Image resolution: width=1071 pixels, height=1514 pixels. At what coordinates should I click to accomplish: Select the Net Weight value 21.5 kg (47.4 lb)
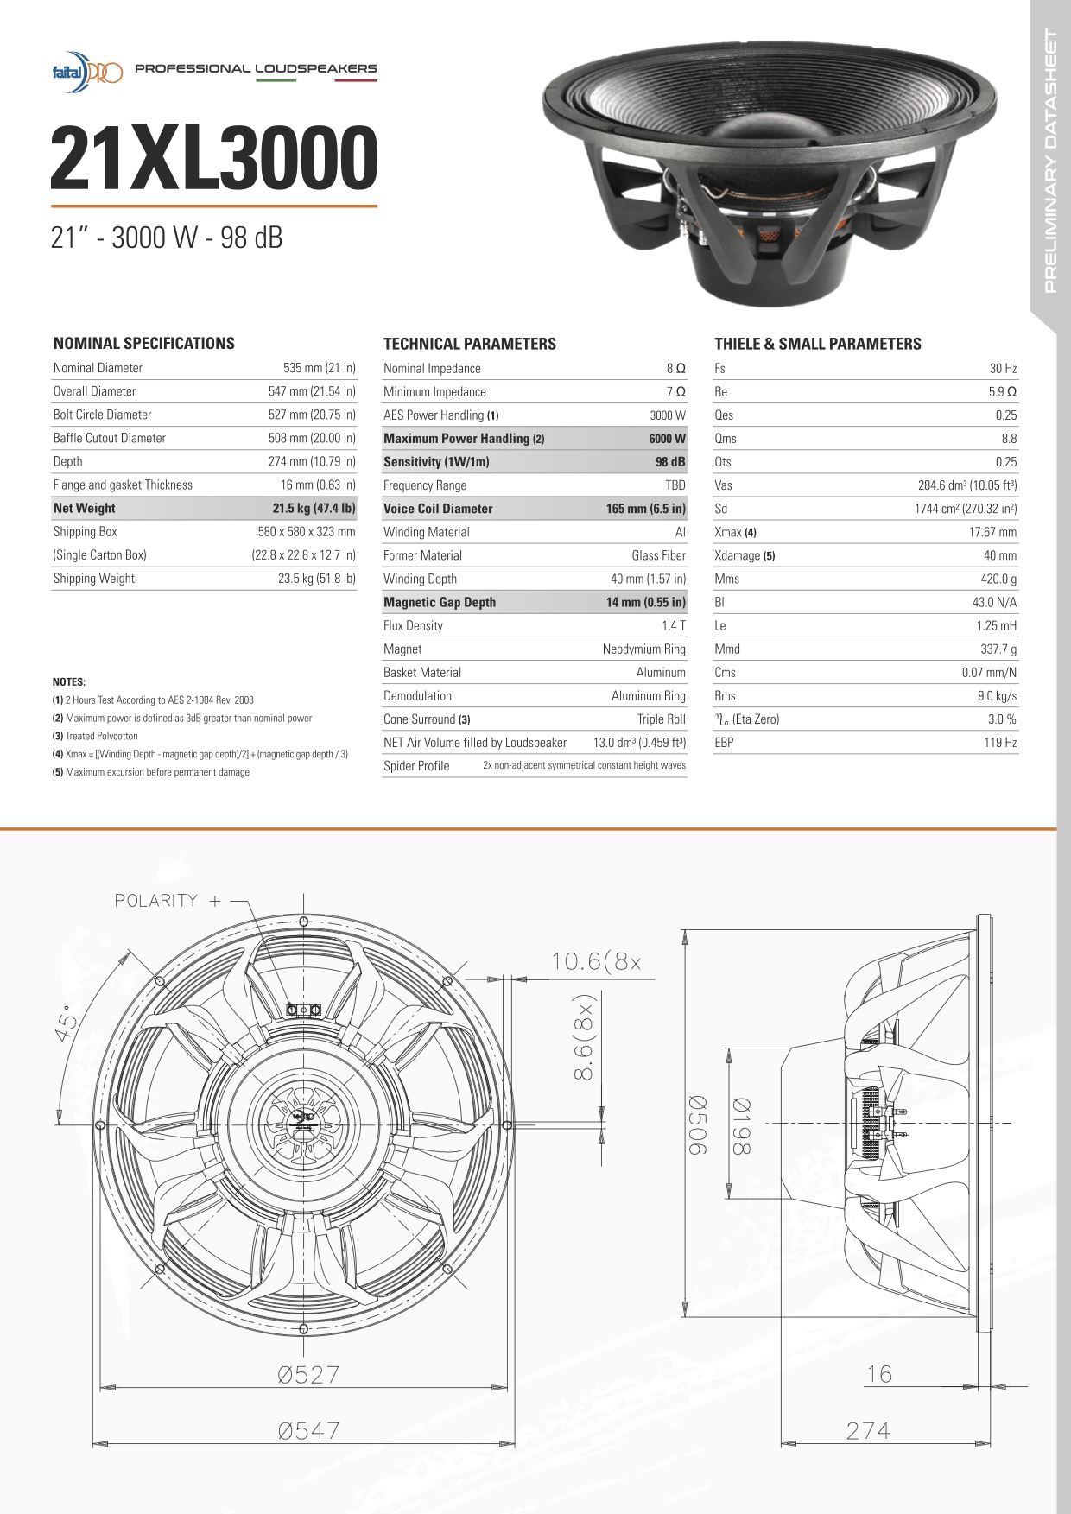point(314,509)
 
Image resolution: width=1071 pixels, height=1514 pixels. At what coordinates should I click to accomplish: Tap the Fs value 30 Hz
point(1003,369)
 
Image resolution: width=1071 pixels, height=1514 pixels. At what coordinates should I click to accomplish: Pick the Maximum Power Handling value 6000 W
point(667,439)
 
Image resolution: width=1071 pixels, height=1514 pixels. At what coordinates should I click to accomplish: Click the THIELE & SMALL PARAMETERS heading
point(817,344)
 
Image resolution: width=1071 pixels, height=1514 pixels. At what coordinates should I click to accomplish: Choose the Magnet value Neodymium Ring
point(643,649)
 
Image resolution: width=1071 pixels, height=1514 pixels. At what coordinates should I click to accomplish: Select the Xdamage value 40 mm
point(1000,556)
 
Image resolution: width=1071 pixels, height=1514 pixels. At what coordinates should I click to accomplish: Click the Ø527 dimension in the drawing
point(308,1374)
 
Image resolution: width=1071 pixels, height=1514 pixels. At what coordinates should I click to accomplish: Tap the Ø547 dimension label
point(308,1431)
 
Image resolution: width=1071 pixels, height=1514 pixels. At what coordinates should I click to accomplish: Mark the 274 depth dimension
point(868,1431)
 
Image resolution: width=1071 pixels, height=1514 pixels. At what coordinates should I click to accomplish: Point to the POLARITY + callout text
point(168,901)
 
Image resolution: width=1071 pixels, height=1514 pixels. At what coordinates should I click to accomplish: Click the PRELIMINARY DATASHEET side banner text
point(1050,161)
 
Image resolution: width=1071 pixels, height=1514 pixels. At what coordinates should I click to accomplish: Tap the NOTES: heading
point(69,682)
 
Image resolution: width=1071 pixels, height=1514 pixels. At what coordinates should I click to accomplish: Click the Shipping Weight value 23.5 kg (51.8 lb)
point(316,579)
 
